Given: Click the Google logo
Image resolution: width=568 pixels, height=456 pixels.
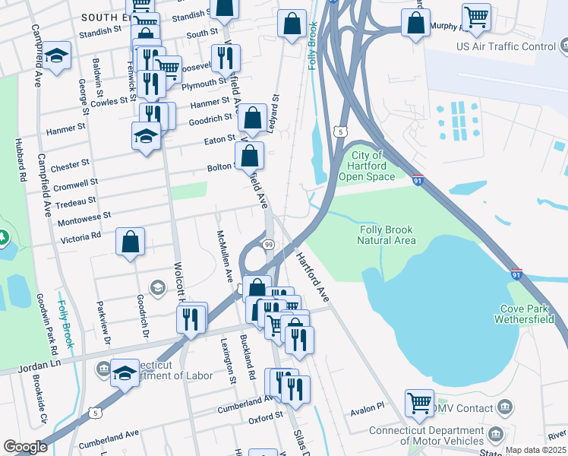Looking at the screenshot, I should coord(25,447).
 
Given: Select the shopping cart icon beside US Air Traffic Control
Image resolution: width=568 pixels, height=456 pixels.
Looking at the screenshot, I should coord(476,17).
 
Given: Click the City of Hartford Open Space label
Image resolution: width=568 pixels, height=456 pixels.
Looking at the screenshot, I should coord(368,166).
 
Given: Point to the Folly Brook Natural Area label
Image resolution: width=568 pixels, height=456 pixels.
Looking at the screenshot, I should coord(387,235).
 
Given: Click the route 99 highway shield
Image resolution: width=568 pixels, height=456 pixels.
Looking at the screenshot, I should coord(269,244).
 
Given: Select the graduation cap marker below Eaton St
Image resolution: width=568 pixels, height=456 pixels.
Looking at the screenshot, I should coord(146,138).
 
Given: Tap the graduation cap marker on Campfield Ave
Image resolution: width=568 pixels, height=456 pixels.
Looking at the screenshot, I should coord(56,58).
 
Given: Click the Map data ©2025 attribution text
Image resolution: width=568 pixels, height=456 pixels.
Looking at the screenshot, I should coord(535,450).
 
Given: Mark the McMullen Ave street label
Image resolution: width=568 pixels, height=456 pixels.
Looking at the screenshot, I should coord(225,255).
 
